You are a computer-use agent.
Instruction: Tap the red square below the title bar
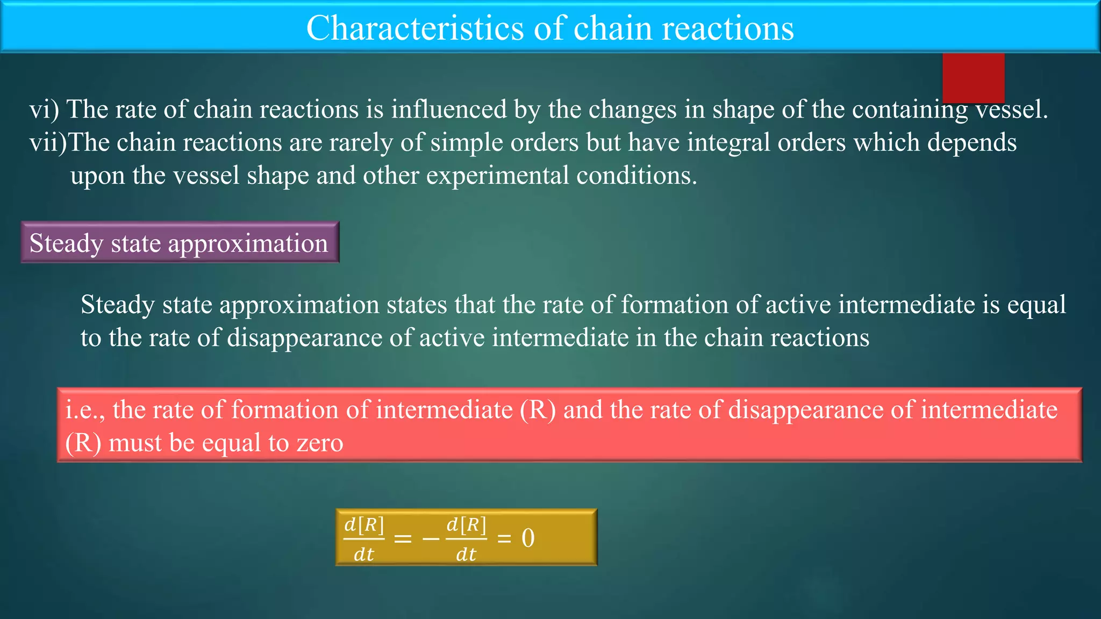pyautogui.click(x=973, y=77)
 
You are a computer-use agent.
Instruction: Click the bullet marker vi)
pyautogui.click(x=44, y=110)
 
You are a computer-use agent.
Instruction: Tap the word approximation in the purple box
pyautogui.click(x=248, y=243)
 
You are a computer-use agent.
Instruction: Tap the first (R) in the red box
pyautogui.click(x=538, y=410)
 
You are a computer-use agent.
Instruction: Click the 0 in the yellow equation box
pyautogui.click(x=528, y=538)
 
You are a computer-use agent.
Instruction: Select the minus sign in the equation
pyautogui.click(x=431, y=538)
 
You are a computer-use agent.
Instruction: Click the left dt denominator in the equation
pyautogui.click(x=363, y=554)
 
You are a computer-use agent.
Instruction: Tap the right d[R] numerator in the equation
pyautogui.click(x=466, y=524)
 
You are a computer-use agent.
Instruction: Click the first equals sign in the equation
pyautogui.click(x=403, y=538)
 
